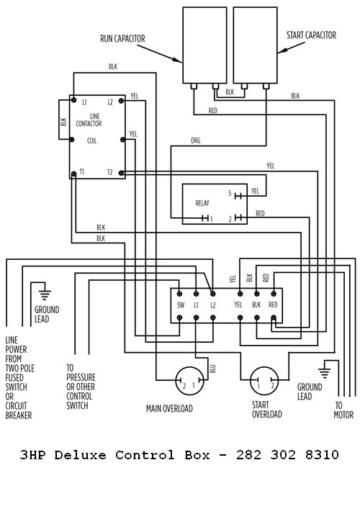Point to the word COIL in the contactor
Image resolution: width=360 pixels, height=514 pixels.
pos(93,141)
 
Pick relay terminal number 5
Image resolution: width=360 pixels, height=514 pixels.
pos(230,194)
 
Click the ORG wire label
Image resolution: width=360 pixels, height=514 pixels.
pos(195,140)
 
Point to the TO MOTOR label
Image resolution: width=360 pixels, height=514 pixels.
pos(342,410)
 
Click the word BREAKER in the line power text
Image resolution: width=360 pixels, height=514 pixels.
pos(19,415)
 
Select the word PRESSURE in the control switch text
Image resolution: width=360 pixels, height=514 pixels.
pos(81,377)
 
